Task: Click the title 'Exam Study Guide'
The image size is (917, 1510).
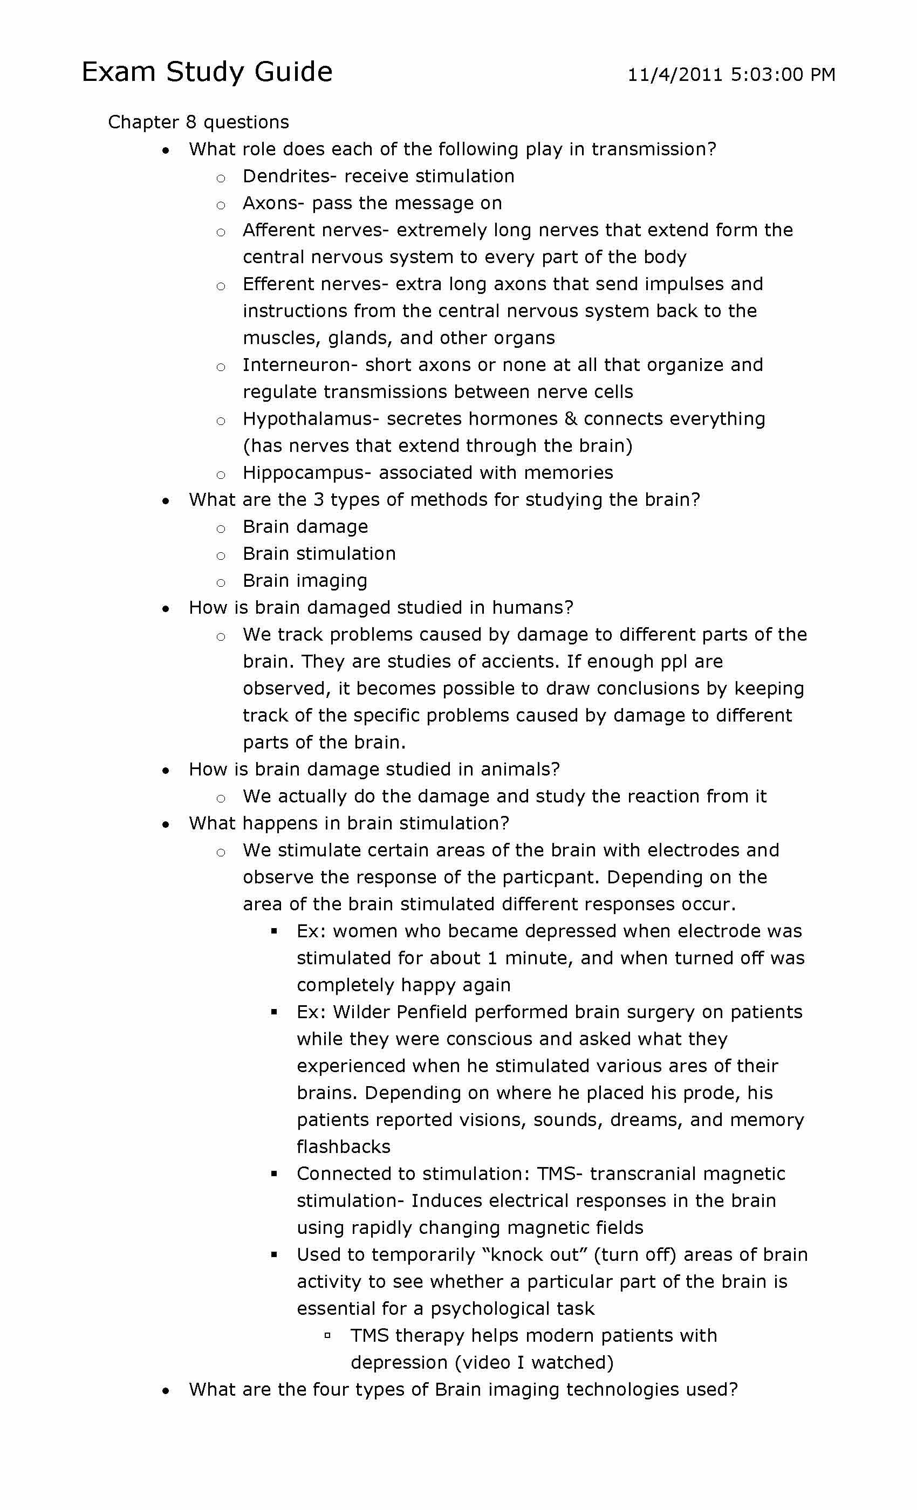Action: click(x=207, y=72)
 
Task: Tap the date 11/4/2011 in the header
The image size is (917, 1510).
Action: click(x=675, y=75)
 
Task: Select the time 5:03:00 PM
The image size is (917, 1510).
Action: click(x=783, y=75)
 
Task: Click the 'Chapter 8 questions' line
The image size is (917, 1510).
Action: click(x=198, y=122)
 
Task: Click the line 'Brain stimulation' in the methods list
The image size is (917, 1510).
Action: click(x=319, y=553)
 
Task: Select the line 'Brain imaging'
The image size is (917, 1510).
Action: click(x=305, y=580)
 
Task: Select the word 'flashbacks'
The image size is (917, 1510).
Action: click(x=343, y=1147)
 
